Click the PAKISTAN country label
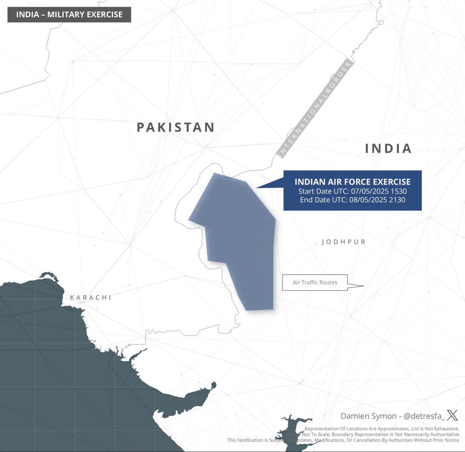tap(176, 127)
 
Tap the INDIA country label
tap(388, 148)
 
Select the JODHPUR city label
tap(344, 242)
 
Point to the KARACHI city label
tap(91, 297)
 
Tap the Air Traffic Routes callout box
tap(315, 282)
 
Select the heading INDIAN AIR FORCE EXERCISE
tap(353, 182)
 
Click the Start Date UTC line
tap(353, 191)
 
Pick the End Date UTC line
tap(353, 200)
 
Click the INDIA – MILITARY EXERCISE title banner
tap(69, 15)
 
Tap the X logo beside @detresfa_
tap(452, 416)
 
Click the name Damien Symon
tap(369, 416)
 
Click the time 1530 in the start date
tap(399, 191)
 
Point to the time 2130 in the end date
tap(397, 200)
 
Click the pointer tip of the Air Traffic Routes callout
tap(363, 286)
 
